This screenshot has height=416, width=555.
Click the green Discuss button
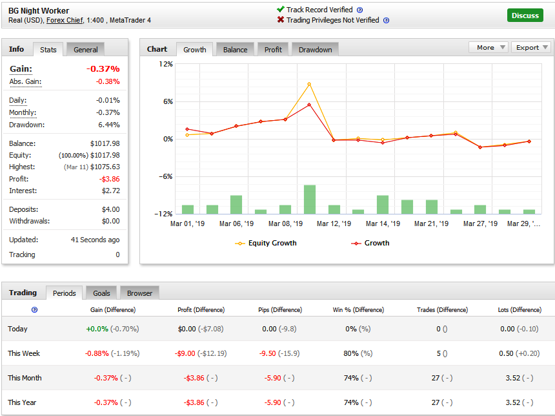(x=525, y=16)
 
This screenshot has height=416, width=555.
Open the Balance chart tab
(x=235, y=50)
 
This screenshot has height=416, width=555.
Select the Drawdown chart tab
(x=315, y=50)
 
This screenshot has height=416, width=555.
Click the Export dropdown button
(x=530, y=47)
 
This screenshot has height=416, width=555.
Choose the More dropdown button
(x=489, y=47)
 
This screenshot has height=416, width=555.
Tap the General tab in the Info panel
(x=86, y=50)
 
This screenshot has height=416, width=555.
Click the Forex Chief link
(x=65, y=20)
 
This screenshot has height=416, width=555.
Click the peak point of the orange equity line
(x=309, y=84)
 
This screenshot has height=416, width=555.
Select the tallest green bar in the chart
(x=310, y=199)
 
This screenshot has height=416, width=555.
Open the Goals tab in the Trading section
(x=101, y=293)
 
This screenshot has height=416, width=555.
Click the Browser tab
(x=139, y=293)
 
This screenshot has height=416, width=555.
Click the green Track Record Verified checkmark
(x=281, y=10)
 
